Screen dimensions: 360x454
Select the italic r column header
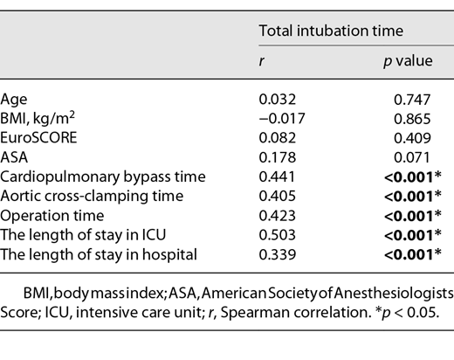(x=262, y=64)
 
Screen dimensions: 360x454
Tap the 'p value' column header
(x=397, y=64)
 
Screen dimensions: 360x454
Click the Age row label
(x=13, y=101)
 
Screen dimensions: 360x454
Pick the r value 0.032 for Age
(x=277, y=101)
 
